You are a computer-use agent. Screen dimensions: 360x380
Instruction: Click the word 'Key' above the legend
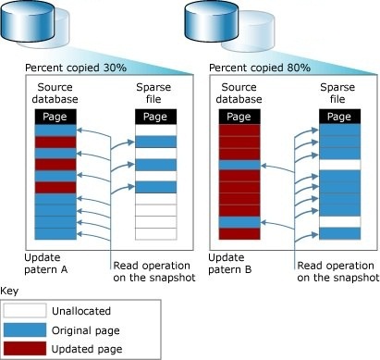[x=11, y=289]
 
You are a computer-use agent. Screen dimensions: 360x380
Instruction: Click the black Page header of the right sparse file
[x=338, y=118]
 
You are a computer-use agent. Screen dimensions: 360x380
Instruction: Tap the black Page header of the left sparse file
[x=153, y=118]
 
